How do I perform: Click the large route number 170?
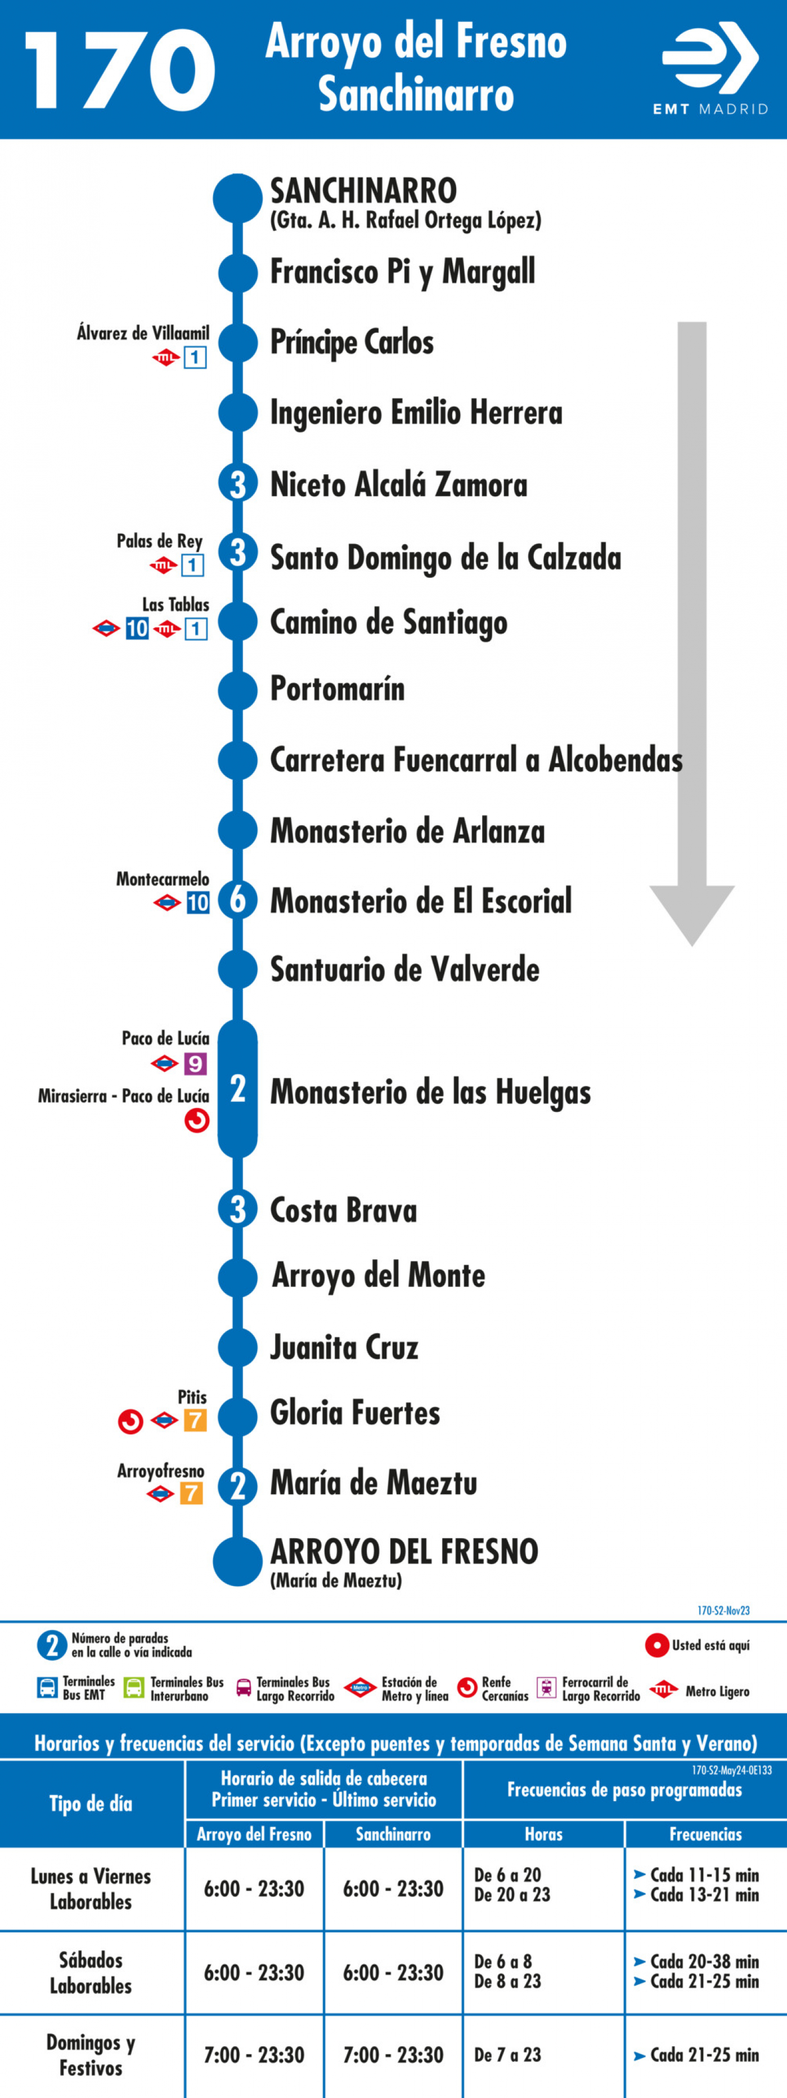point(120,71)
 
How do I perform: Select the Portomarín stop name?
point(337,689)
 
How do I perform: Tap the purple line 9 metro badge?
point(195,1064)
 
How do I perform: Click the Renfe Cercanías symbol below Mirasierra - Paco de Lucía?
point(197,1121)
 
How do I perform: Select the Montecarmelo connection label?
point(163,879)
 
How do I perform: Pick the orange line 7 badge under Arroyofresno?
point(191,1494)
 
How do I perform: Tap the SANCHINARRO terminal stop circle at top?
point(237,198)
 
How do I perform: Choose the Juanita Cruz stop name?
point(344,1347)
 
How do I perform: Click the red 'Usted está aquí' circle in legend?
point(657,1645)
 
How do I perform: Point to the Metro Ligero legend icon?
point(664,1690)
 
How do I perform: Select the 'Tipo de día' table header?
point(91,1804)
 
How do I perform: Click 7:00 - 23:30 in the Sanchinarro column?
point(393,2055)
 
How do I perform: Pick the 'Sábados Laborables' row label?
point(91,1972)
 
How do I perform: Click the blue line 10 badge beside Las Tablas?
point(137,629)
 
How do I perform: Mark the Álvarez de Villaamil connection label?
point(143,333)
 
